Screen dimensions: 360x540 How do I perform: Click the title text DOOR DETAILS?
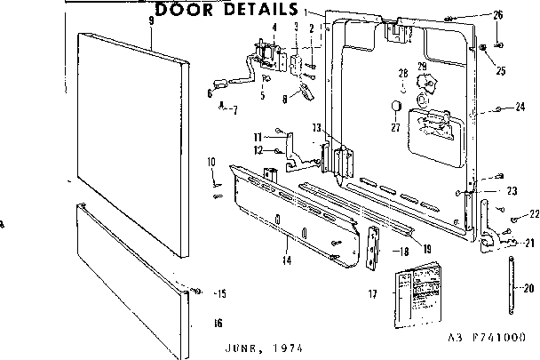[226, 10]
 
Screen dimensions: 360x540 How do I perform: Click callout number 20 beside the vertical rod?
[528, 287]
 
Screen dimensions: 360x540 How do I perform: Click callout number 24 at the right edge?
[520, 108]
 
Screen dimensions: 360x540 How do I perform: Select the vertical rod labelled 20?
[512, 283]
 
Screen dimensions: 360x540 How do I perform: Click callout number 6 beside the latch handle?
[210, 92]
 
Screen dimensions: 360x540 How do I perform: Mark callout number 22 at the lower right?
[534, 214]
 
